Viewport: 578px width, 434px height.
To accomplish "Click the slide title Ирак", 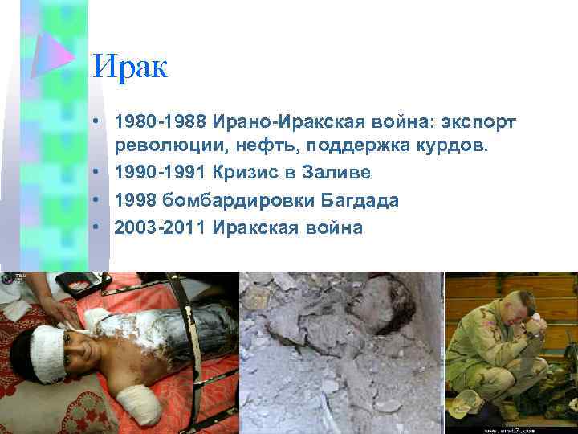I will coord(130,67).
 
